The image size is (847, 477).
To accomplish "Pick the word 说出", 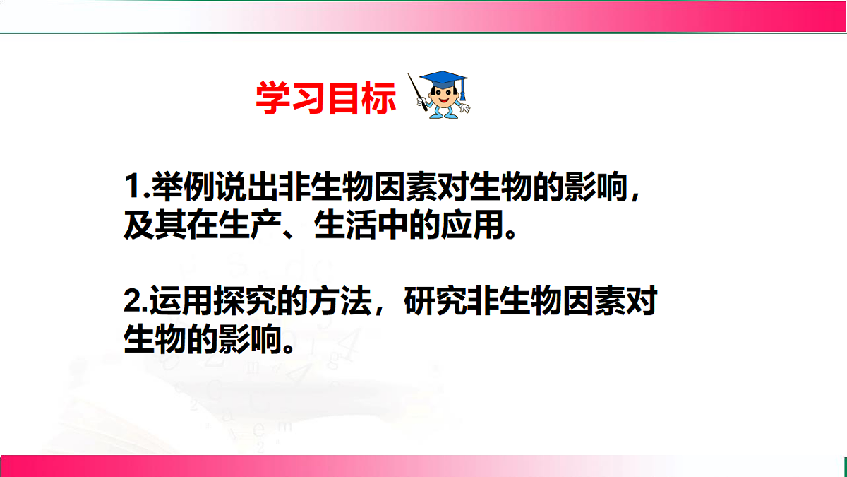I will coord(248,189).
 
